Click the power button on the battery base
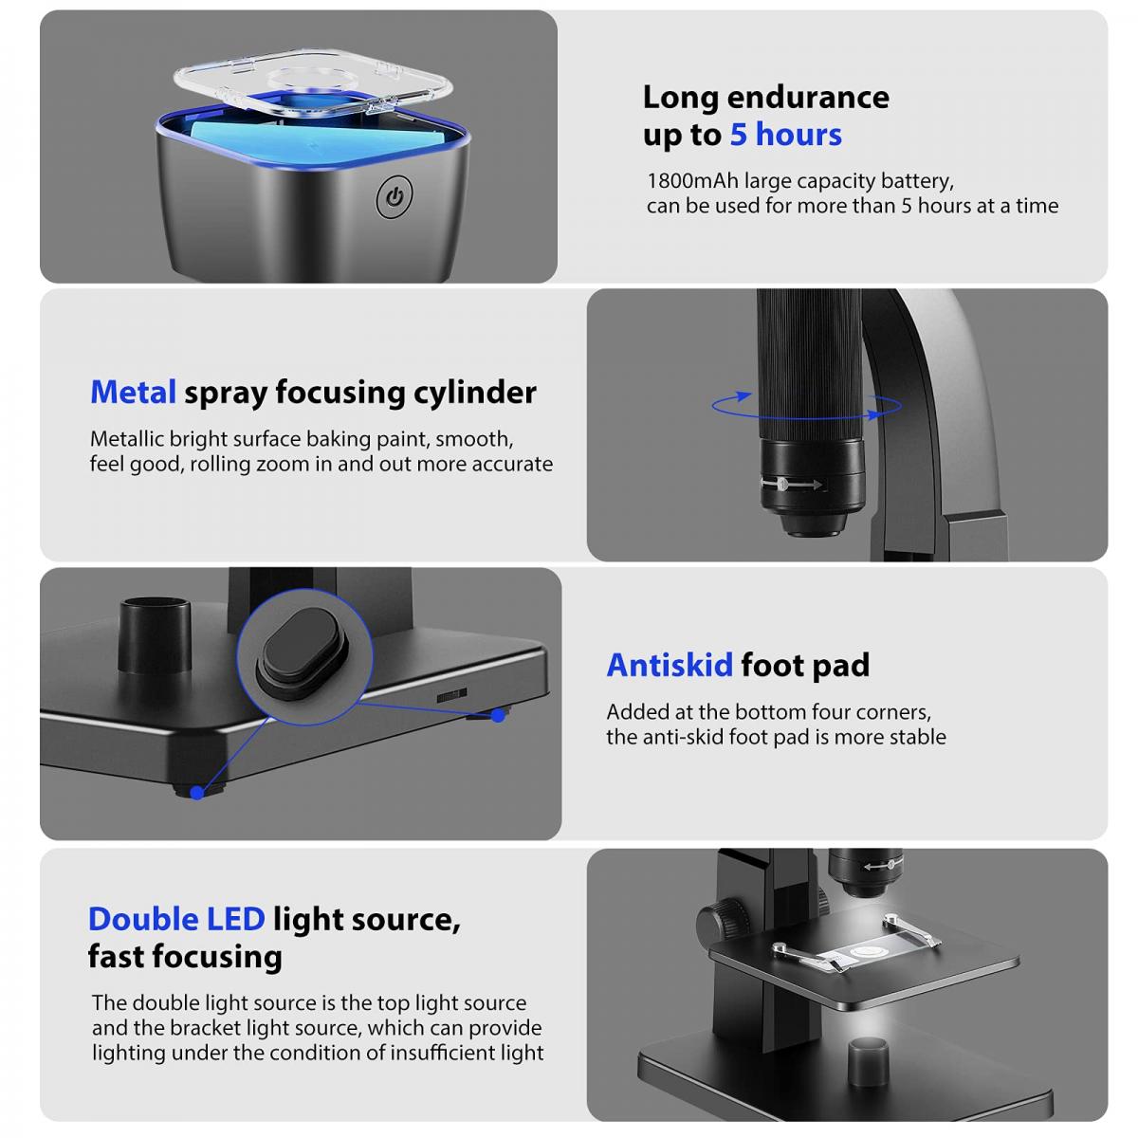(x=395, y=198)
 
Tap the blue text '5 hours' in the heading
(x=785, y=135)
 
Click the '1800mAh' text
(x=690, y=180)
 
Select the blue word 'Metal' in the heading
(x=133, y=392)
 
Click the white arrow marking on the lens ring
(x=793, y=485)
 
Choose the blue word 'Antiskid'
(x=670, y=665)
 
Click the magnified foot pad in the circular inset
(x=297, y=652)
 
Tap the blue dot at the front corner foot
(x=196, y=792)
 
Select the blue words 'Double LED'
(x=175, y=919)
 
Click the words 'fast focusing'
(x=185, y=957)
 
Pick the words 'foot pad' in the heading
(x=805, y=665)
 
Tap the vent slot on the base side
(x=451, y=695)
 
